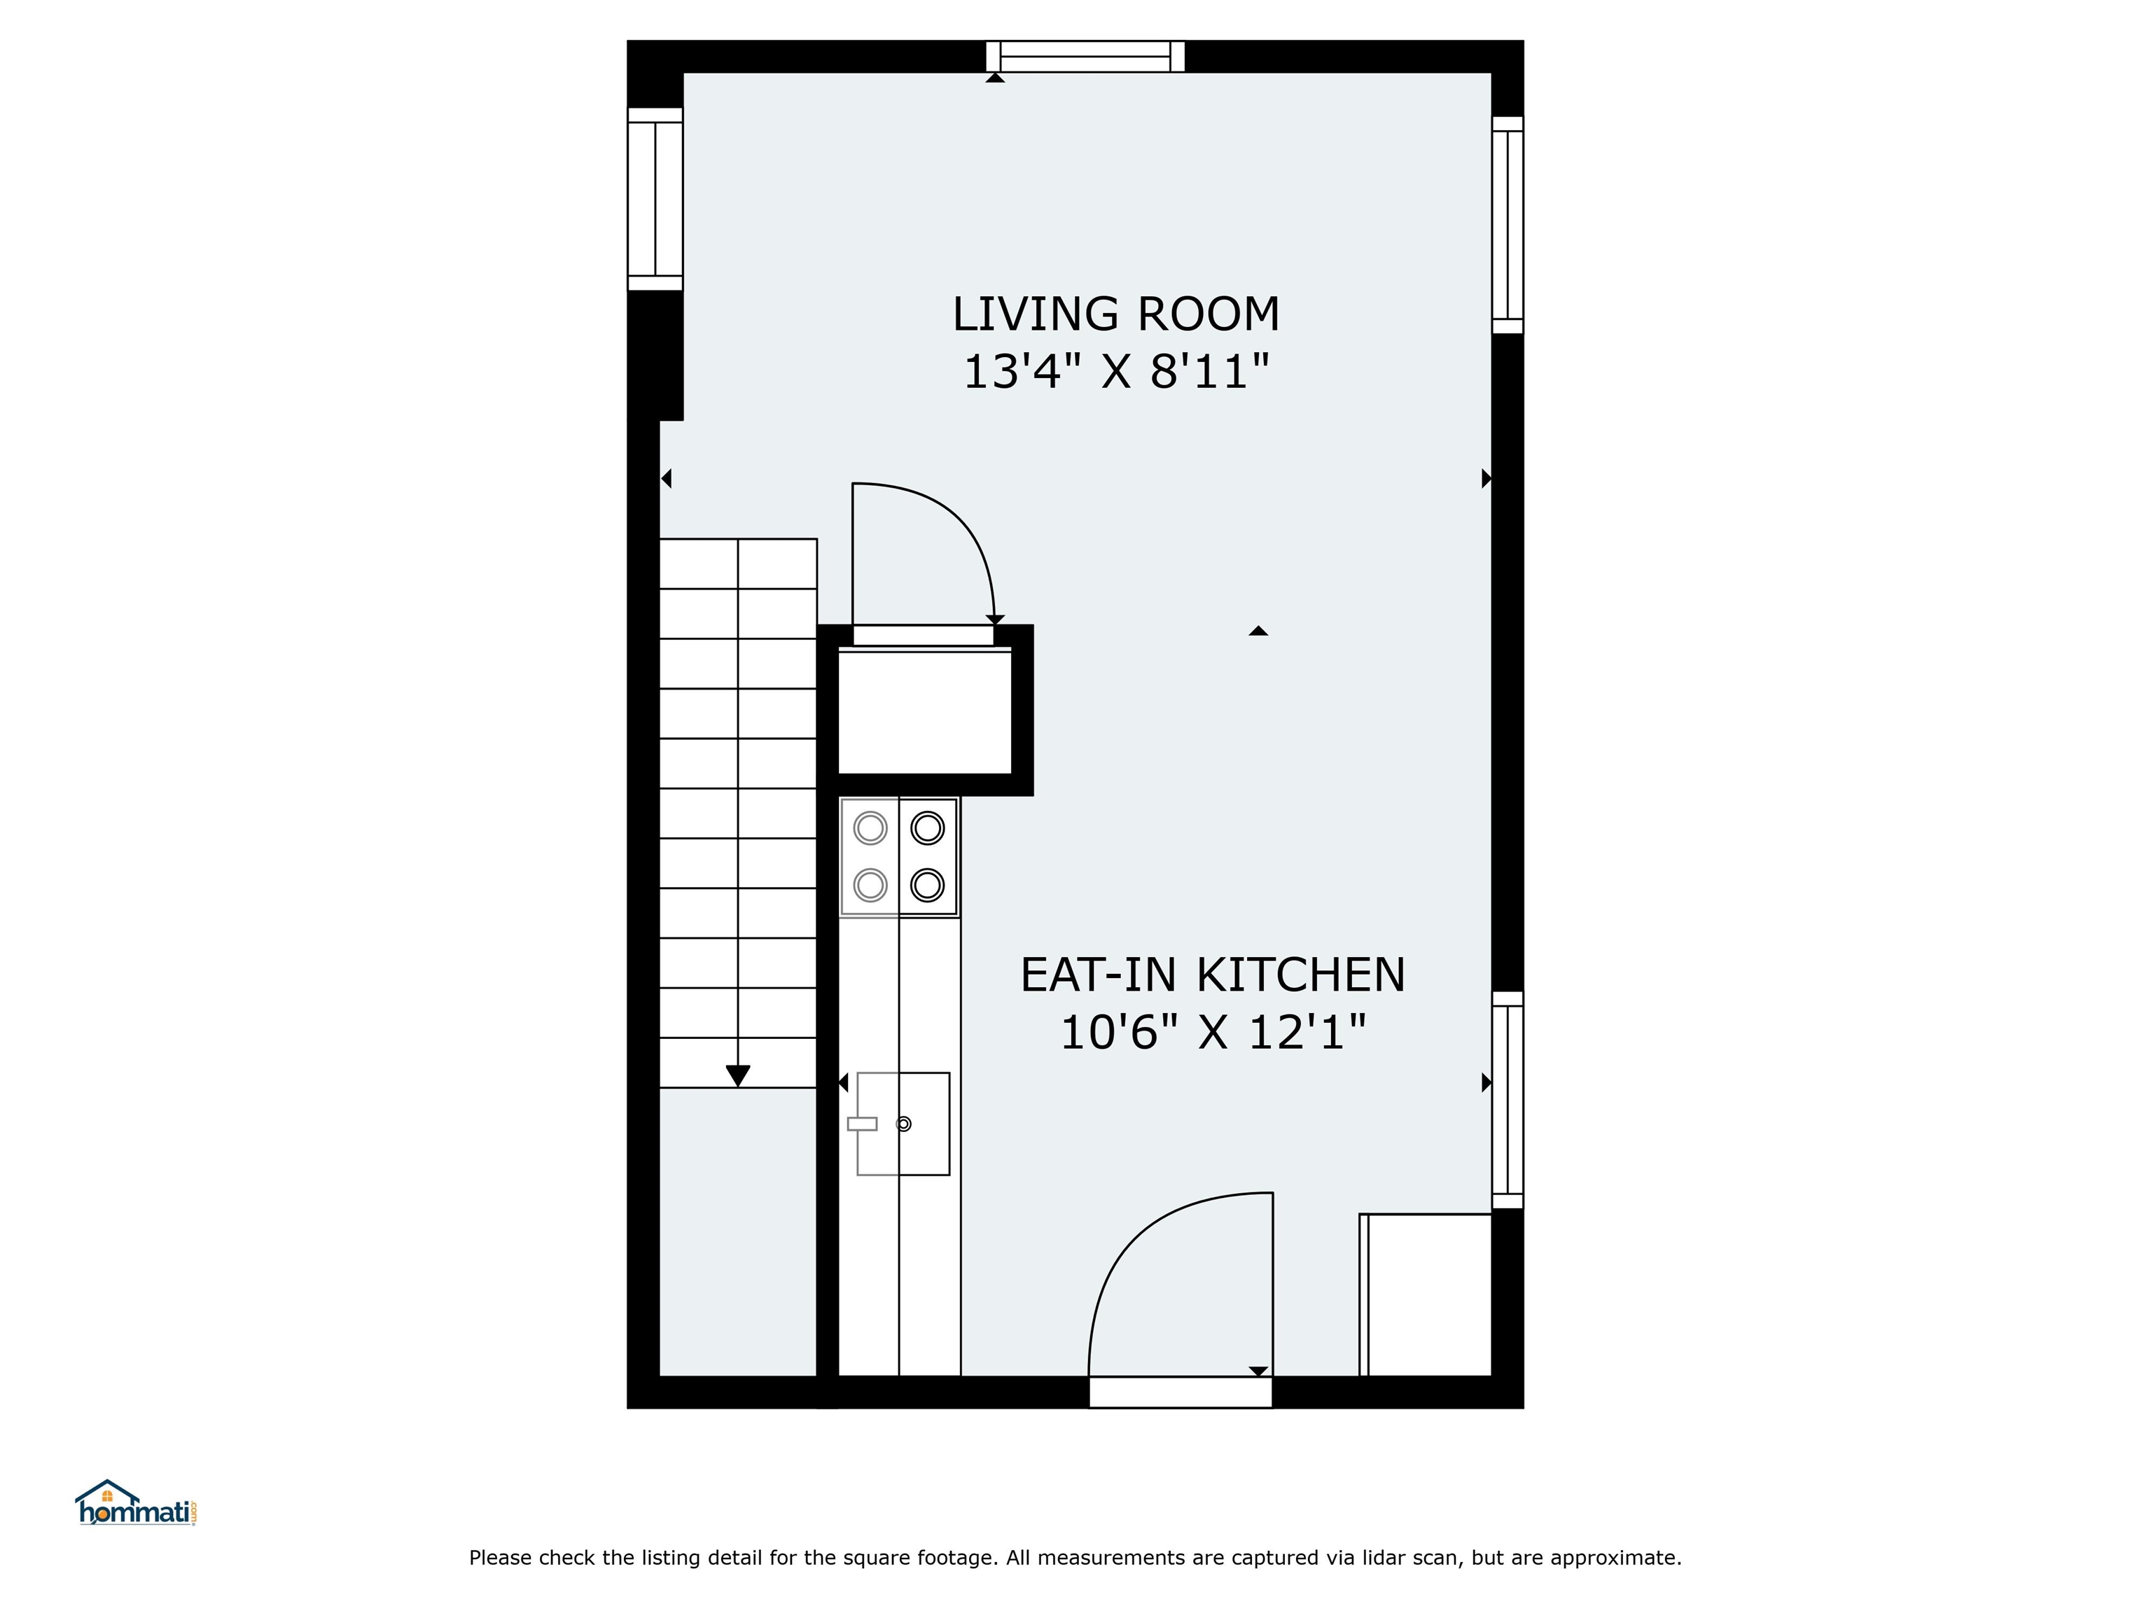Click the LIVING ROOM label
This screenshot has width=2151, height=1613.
1115,314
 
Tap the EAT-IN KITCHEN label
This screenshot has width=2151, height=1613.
1213,975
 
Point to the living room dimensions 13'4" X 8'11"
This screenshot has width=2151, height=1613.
1116,372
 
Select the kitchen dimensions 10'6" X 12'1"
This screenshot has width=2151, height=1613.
1213,1033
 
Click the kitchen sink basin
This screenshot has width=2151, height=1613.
903,1124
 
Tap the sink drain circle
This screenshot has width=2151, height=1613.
903,1124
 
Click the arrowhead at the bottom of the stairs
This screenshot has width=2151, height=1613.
738,1076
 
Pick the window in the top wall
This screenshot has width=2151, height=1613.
1085,57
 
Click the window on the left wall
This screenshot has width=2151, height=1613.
655,200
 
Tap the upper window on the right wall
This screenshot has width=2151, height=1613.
1508,225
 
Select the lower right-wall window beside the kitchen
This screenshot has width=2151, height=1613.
1508,1100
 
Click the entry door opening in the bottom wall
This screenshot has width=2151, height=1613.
1181,1392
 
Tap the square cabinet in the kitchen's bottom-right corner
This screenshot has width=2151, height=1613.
1426,1295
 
